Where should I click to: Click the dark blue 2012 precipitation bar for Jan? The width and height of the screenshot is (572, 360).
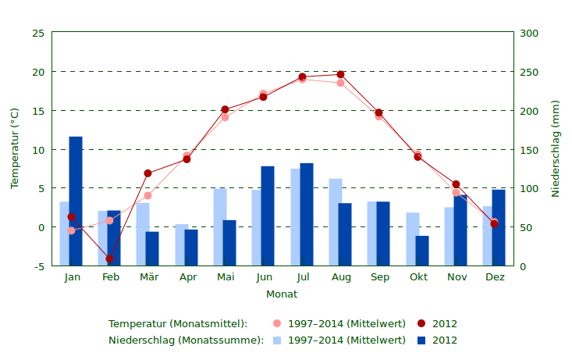click(x=76, y=201)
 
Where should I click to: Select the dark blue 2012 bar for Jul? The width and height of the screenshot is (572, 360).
click(x=307, y=214)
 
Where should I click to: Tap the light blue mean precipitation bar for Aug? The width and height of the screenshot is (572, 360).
click(x=334, y=222)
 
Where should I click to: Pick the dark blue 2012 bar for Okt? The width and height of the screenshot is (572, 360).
click(x=422, y=251)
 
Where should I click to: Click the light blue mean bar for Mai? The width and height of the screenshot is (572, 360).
click(x=219, y=226)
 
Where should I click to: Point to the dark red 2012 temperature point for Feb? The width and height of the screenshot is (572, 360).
click(x=109, y=258)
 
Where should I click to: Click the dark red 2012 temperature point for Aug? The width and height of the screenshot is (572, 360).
click(x=340, y=74)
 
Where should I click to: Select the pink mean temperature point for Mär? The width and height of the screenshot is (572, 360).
click(x=147, y=195)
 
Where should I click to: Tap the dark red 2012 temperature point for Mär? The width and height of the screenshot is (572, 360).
click(x=147, y=173)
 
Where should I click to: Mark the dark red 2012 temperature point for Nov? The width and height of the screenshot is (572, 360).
click(x=457, y=184)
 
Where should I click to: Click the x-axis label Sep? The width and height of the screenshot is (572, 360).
click(x=379, y=277)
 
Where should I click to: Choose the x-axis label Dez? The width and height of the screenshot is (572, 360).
click(x=495, y=277)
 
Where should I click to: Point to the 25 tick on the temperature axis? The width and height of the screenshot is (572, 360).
click(x=38, y=34)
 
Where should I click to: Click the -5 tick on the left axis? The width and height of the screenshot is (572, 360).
click(x=38, y=266)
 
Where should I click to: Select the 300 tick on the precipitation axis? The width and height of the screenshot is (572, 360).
click(x=530, y=34)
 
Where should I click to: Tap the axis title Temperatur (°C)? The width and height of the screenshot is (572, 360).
click(x=15, y=148)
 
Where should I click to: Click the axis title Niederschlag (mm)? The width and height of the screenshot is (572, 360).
click(x=556, y=148)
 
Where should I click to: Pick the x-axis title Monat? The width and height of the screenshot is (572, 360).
click(x=282, y=294)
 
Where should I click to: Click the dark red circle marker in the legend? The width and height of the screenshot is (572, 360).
click(x=421, y=323)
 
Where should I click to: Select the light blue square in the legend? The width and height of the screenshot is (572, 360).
click(x=277, y=340)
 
